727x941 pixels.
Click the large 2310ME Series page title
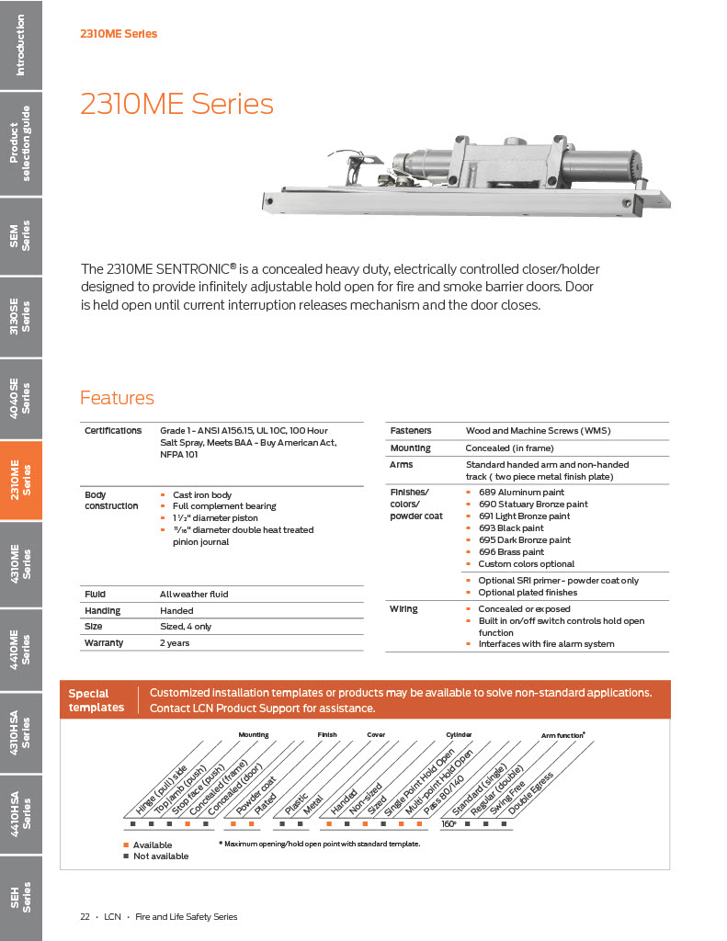176,104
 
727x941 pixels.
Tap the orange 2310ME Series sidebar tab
21,480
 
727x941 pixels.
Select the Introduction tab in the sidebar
21,44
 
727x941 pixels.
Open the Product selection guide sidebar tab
21,144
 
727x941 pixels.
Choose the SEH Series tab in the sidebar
21,896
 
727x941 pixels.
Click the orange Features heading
117,398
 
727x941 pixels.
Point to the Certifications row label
113,430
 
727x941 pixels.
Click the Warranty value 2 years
175,643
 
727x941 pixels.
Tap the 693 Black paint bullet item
510,528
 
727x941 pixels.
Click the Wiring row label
403,609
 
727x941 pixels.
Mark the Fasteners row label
411,430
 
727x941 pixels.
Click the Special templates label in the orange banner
96,700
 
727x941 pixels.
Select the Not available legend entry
160,856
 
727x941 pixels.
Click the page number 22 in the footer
85,916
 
